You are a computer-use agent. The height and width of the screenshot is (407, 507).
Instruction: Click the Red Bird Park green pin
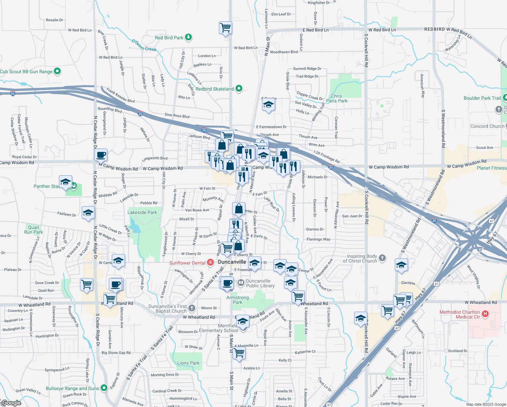188,37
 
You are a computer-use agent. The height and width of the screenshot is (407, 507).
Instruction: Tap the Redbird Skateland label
215,89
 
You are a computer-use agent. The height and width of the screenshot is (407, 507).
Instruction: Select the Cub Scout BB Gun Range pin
57,71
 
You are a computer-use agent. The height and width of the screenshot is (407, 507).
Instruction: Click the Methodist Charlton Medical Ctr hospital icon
485,314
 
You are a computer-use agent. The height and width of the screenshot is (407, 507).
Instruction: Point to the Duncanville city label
232,262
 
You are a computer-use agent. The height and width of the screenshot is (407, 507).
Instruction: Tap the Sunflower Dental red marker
210,263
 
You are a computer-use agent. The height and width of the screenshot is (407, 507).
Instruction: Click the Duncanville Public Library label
260,283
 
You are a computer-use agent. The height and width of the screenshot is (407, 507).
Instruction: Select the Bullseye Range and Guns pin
104,388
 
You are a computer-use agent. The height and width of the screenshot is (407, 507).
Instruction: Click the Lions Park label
188,363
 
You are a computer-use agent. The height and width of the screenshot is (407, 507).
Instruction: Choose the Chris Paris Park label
337,98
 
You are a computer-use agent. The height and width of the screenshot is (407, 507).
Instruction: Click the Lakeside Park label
142,212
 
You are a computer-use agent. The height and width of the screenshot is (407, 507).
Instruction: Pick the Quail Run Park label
34,230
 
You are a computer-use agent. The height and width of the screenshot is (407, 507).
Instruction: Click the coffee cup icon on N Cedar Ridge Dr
101,155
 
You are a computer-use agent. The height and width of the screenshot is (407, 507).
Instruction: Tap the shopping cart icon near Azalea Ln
239,353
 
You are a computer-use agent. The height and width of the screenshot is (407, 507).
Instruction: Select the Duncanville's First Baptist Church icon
192,308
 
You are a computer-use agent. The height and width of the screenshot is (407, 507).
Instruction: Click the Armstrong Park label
238,300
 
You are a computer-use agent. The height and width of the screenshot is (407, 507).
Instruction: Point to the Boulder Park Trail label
482,98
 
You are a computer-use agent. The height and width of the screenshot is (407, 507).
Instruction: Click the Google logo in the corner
11,403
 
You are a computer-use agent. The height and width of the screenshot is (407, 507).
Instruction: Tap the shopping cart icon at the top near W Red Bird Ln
225,27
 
